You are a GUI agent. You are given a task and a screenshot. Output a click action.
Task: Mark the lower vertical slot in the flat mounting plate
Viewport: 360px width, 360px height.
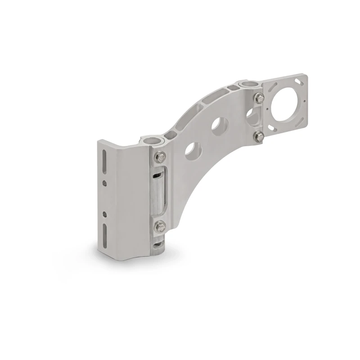tap(105, 234)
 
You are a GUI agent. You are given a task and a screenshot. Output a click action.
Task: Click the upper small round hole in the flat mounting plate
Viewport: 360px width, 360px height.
tap(105, 183)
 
